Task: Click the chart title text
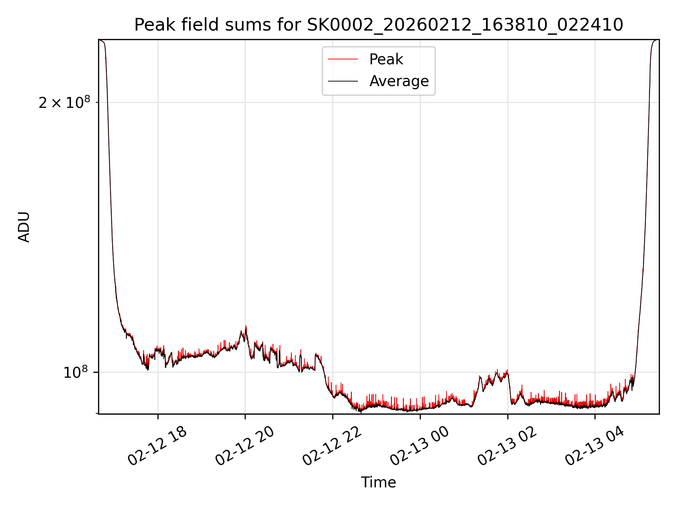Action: click(379, 25)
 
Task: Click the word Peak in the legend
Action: click(386, 59)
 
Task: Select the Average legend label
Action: click(399, 81)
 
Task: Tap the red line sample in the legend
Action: click(343, 59)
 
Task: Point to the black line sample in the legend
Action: click(343, 81)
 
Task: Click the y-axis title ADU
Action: click(24, 227)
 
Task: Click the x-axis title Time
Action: click(378, 482)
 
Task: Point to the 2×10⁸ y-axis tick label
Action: click(64, 103)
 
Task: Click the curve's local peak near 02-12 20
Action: click(246, 326)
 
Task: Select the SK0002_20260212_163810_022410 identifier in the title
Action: click(465, 25)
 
